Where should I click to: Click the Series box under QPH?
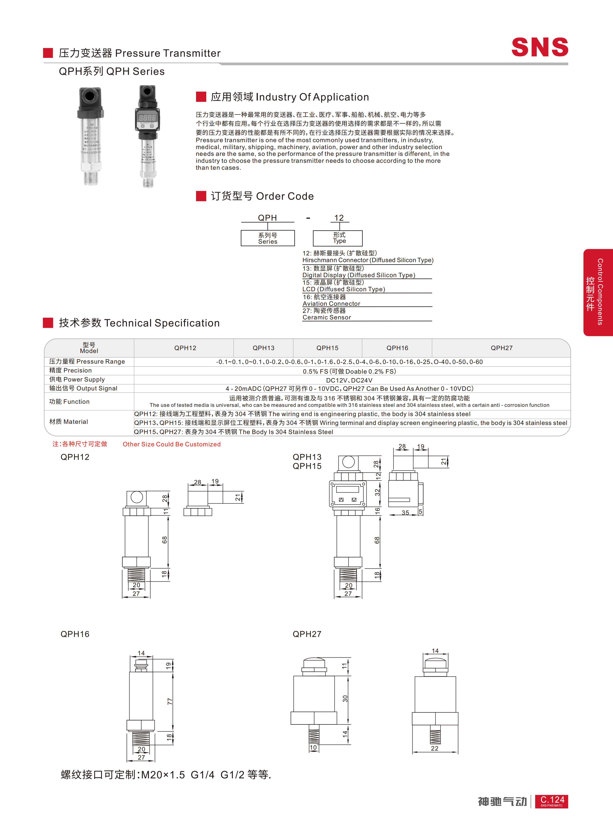point(267,238)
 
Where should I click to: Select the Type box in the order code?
point(338,238)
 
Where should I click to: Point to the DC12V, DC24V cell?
point(349,380)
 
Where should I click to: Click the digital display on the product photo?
point(147,117)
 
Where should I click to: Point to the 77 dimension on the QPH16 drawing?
point(170,701)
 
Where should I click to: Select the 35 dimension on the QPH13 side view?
point(405,513)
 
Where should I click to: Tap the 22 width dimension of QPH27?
point(435,748)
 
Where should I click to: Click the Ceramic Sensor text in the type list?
point(327,317)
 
